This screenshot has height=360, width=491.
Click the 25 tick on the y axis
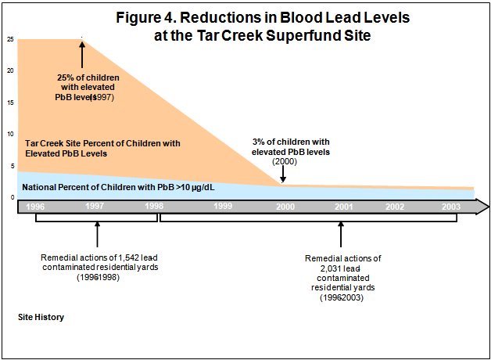click(x=10, y=39)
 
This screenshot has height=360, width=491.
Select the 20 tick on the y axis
click(x=10, y=71)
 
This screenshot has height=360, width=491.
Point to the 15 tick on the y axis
click(x=10, y=103)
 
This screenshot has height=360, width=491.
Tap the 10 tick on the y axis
click(x=10, y=134)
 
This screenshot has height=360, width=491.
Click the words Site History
click(x=41, y=317)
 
